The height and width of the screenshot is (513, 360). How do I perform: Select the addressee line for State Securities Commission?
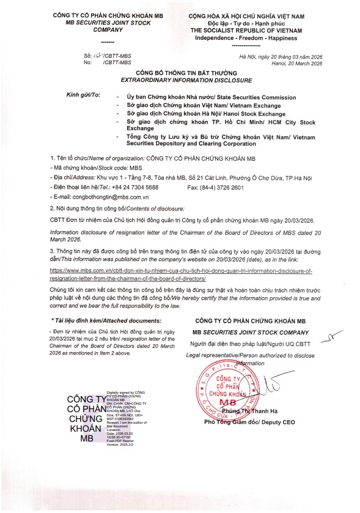tap(211, 97)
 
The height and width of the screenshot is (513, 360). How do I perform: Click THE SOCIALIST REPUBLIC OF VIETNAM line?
tap(247, 29)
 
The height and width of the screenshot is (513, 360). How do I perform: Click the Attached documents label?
tap(90, 320)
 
